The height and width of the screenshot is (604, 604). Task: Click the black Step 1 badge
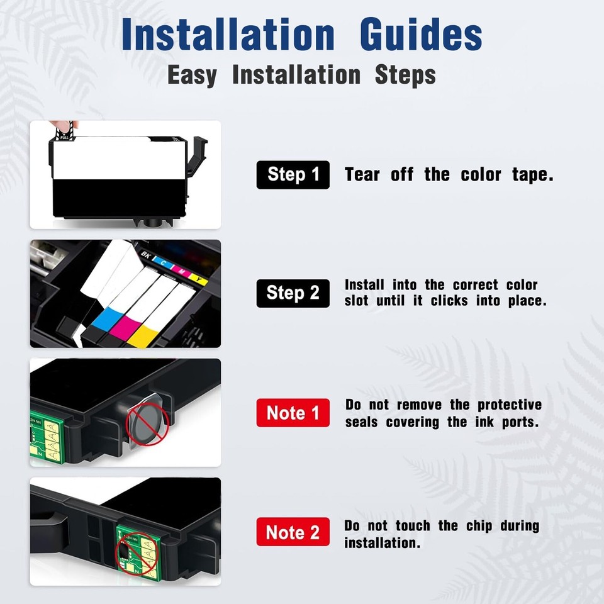(293, 174)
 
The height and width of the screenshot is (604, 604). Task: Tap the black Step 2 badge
(293, 293)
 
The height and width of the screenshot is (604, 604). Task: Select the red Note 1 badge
(293, 413)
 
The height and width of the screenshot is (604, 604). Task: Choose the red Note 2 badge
(293, 532)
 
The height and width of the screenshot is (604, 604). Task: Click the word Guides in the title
(421, 36)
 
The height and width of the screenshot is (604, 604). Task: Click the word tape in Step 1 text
(532, 175)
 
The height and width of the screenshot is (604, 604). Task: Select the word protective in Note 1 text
(509, 405)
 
